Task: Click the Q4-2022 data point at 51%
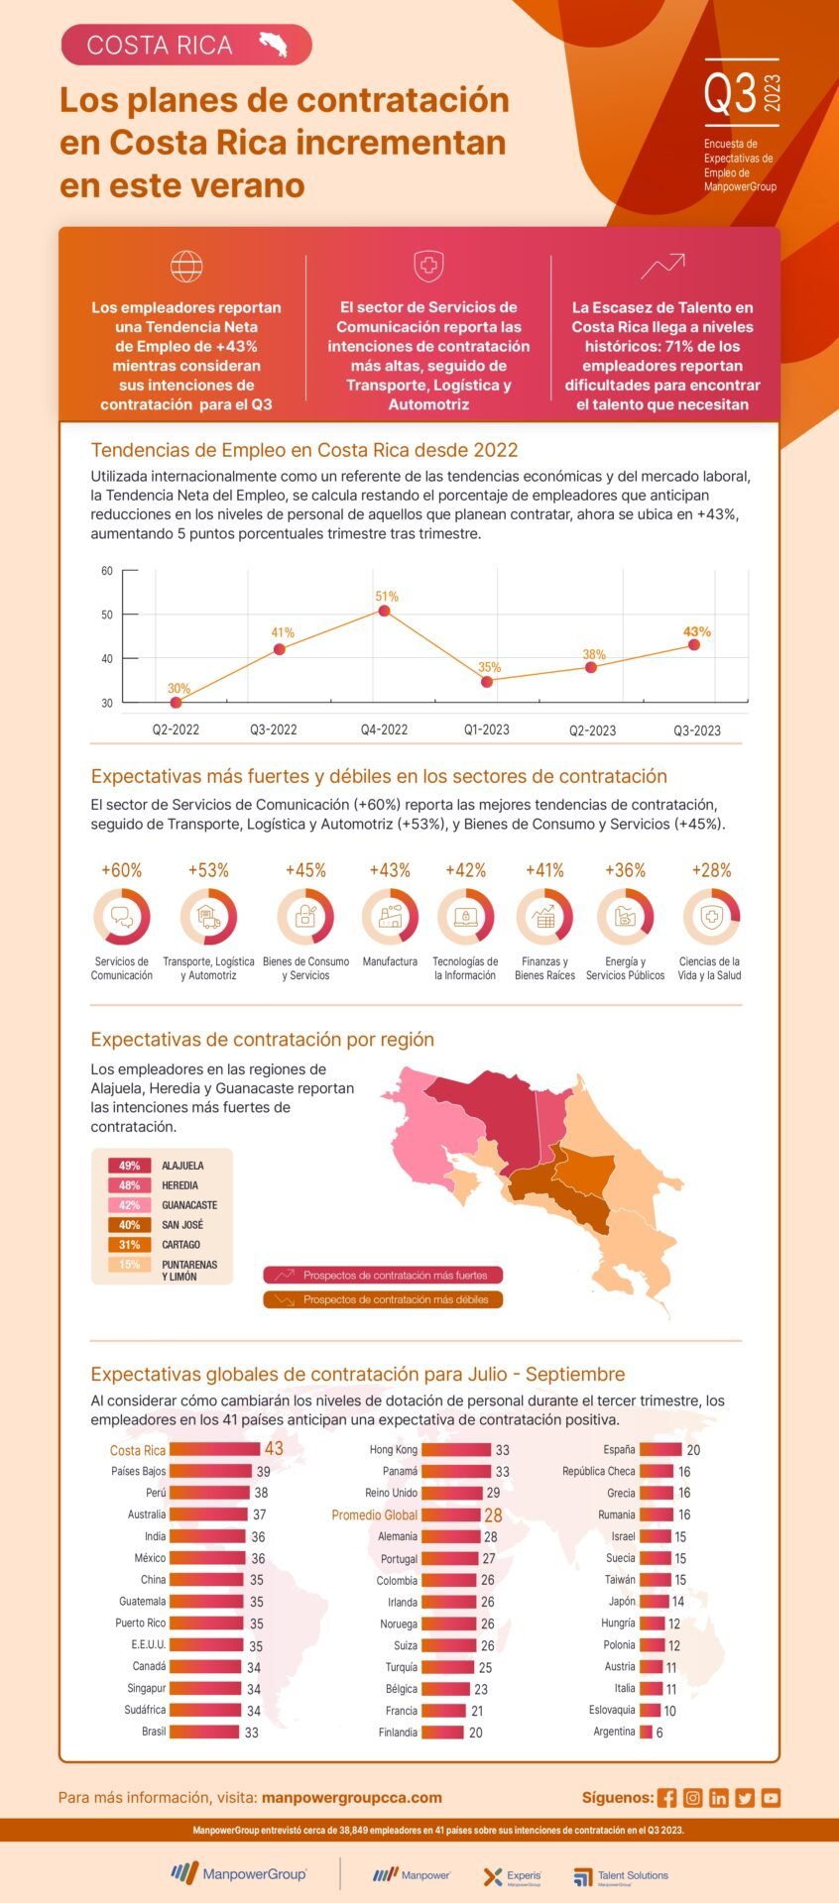[384, 611]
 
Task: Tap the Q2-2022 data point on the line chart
[176, 703]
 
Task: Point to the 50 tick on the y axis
[107, 615]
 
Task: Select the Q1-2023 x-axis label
[487, 729]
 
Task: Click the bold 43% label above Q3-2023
[696, 631]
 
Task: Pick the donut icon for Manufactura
[390, 917]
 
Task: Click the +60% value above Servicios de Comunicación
[122, 870]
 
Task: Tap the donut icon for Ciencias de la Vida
[710, 917]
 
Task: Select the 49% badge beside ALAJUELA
[129, 1166]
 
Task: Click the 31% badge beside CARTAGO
[129, 1245]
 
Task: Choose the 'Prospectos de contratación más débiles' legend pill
[383, 1299]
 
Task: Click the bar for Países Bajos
[210, 1472]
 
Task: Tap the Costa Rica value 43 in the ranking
[274, 1449]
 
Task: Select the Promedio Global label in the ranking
[374, 1514]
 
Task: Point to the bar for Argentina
[646, 1732]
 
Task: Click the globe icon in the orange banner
[186, 266]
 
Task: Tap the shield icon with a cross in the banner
[428, 266]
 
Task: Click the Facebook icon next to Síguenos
[666, 1797]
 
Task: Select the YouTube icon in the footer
[771, 1797]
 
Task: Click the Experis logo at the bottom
[513, 1875]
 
